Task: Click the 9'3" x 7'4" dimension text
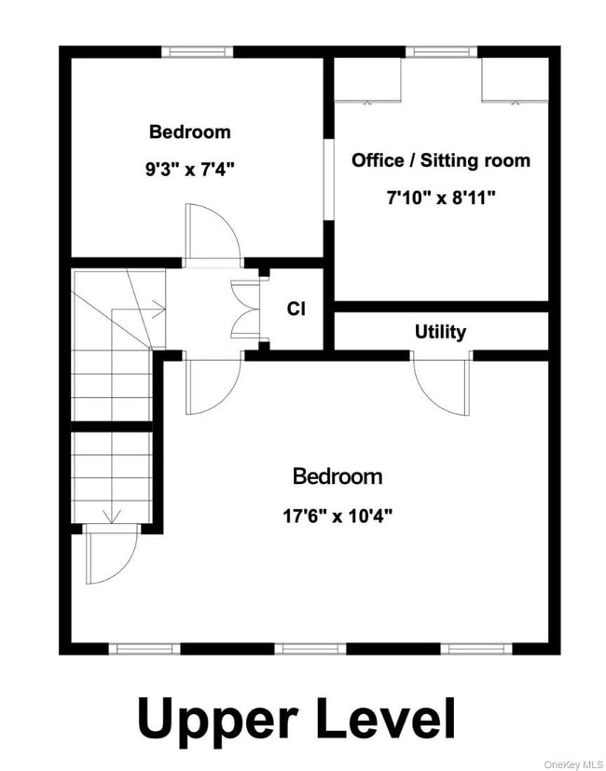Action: pyautogui.click(x=189, y=170)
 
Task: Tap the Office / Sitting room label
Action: pyautogui.click(x=440, y=160)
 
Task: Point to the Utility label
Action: pyautogui.click(x=440, y=332)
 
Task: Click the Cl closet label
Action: pyautogui.click(x=296, y=309)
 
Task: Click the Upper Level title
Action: pyautogui.click(x=296, y=719)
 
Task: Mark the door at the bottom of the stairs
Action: pyautogui.click(x=109, y=554)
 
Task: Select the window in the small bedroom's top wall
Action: pyautogui.click(x=197, y=52)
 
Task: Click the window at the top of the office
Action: pyautogui.click(x=441, y=52)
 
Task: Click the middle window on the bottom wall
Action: pyautogui.click(x=310, y=648)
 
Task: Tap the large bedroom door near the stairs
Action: pyautogui.click(x=212, y=384)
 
